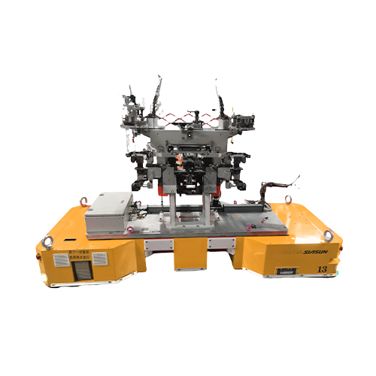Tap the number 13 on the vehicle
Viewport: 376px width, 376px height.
point(322,268)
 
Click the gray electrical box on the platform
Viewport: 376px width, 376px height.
point(108,212)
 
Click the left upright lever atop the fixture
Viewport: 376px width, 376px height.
point(159,92)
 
